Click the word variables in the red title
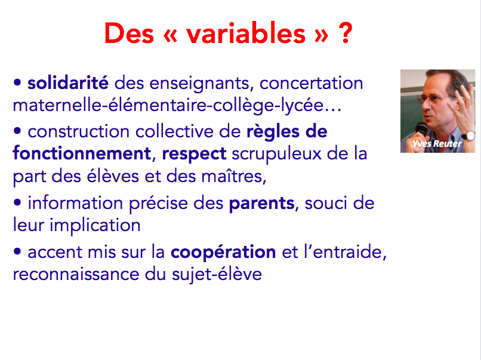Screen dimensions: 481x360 [x=246, y=33]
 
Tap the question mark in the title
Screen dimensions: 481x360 [x=345, y=33]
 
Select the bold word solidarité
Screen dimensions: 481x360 [x=68, y=82]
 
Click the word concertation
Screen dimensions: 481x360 [x=311, y=83]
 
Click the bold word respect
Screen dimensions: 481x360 [x=194, y=154]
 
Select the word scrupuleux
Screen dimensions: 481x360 [x=276, y=155]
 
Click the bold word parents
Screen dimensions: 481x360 [x=261, y=204]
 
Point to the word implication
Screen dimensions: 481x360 [x=95, y=225]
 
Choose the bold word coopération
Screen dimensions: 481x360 [x=223, y=253]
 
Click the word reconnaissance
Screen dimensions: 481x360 [x=76, y=274]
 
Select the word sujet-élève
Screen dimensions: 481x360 [x=217, y=274]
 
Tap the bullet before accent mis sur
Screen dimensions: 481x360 [x=17, y=252]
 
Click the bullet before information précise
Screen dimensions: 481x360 [x=17, y=202]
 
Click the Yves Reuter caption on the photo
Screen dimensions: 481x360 [x=437, y=144]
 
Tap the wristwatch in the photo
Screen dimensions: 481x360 [x=468, y=135]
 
